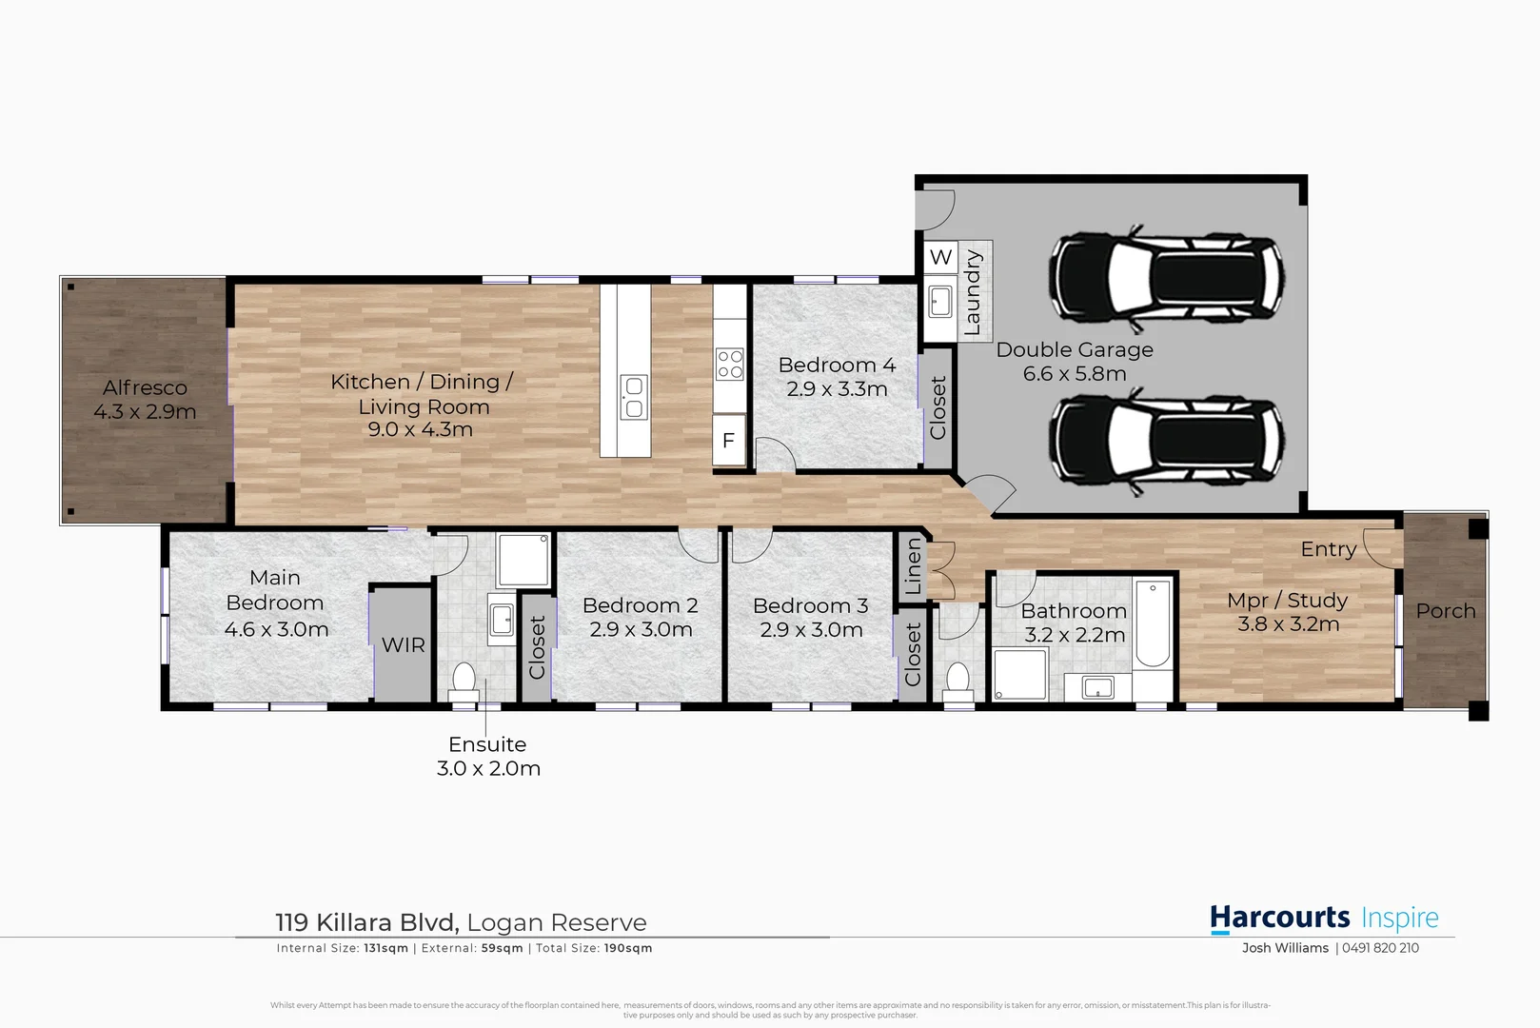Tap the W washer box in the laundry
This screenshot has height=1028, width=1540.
(x=940, y=257)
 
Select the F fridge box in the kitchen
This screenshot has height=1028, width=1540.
(x=729, y=441)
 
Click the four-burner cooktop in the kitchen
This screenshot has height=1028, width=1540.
(x=730, y=364)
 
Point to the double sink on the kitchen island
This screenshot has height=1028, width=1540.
(x=633, y=398)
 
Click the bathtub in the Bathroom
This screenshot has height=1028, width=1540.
(x=1153, y=623)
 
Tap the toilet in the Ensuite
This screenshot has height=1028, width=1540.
(x=464, y=682)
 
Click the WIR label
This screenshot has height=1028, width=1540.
(x=404, y=645)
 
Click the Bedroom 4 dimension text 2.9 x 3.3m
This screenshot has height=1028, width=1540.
(x=837, y=389)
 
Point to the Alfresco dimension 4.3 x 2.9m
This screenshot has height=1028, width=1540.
(x=145, y=412)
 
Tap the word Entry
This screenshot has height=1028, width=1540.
(x=1329, y=549)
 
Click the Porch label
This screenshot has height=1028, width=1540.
(x=1446, y=611)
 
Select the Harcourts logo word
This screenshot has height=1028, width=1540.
(x=1279, y=918)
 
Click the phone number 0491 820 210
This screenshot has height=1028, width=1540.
(x=1380, y=948)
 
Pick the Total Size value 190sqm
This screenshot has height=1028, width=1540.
(x=628, y=948)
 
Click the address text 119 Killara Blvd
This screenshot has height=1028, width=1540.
(x=367, y=922)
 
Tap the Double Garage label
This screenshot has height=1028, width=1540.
(x=1075, y=350)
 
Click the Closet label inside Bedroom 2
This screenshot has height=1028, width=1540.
(x=538, y=647)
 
